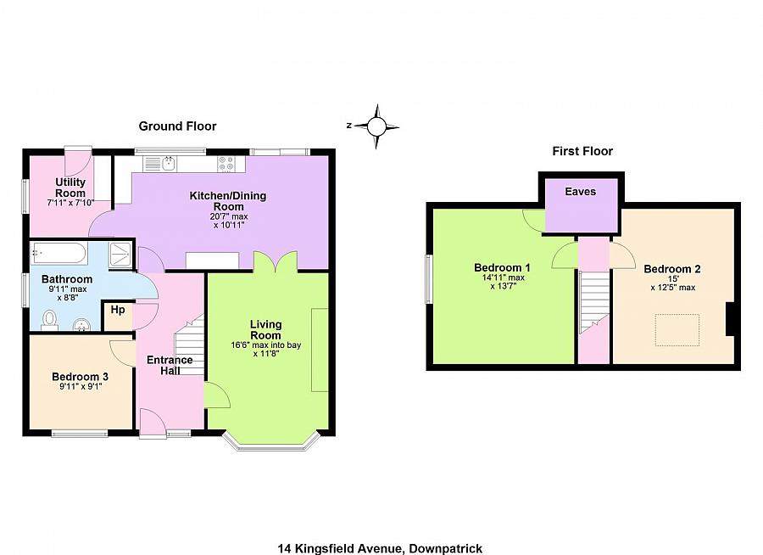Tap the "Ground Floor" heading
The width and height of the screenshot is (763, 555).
pos(177,126)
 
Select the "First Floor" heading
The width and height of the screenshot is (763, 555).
pos(582,151)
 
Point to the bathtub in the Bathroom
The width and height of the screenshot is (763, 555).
pos(58,252)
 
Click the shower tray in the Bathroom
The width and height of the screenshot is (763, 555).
pos(120,252)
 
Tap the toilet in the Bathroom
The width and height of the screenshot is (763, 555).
pos(49,318)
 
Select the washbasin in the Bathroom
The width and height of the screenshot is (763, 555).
pos(81,323)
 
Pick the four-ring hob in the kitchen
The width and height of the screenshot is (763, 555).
pos(226,163)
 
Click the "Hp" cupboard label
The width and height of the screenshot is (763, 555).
pos(117,311)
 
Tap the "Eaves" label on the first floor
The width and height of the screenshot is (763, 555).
pos(581,192)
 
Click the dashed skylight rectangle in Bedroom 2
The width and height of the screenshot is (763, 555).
pos(677,329)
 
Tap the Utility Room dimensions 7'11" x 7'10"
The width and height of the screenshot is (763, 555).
pos(70,203)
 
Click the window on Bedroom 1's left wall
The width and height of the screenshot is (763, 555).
pos(429,278)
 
